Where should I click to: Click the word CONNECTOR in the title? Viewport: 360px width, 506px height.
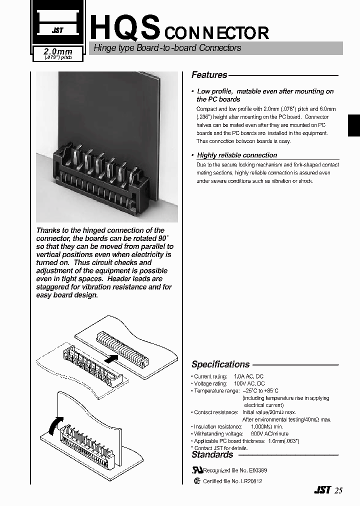pyautogui.click(x=216, y=33)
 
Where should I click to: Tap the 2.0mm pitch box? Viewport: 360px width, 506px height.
pyautogui.click(x=58, y=53)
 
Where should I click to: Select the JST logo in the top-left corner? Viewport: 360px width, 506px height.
pyautogui.click(x=58, y=30)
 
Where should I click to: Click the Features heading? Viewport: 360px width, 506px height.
pyautogui.click(x=209, y=75)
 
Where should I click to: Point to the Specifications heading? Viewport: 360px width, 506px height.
pyautogui.click(x=220, y=364)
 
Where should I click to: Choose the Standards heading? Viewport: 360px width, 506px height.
pyautogui.click(x=212, y=454)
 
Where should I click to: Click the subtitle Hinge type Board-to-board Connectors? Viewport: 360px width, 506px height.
pyautogui.click(x=165, y=48)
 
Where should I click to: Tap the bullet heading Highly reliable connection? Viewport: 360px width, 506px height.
pyautogui.click(x=236, y=155)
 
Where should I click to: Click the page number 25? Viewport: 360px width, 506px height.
pyautogui.click(x=338, y=490)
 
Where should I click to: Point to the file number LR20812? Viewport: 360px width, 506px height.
pyautogui.click(x=251, y=481)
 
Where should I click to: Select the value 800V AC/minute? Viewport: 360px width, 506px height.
pyautogui.click(x=269, y=434)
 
